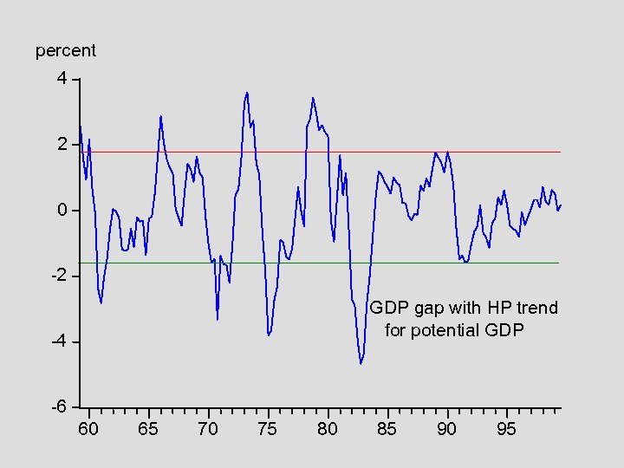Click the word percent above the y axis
click(x=66, y=51)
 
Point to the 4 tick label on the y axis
click(x=62, y=79)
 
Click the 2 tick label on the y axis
click(x=62, y=144)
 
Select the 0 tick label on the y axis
click(x=62, y=211)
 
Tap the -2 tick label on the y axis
click(x=58, y=276)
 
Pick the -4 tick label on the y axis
click(x=58, y=341)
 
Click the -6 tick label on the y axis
click(x=58, y=406)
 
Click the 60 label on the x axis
click(x=88, y=429)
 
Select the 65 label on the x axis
click(x=148, y=429)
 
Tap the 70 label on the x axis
click(x=208, y=429)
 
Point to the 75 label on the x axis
click(x=268, y=429)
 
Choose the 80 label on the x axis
click(x=328, y=429)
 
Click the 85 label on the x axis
click(x=387, y=429)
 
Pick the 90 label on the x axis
click(x=446, y=429)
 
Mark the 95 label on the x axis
click(x=506, y=429)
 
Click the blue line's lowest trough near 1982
click(x=361, y=363)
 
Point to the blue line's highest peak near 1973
click(x=247, y=92)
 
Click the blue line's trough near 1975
click(x=269, y=335)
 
